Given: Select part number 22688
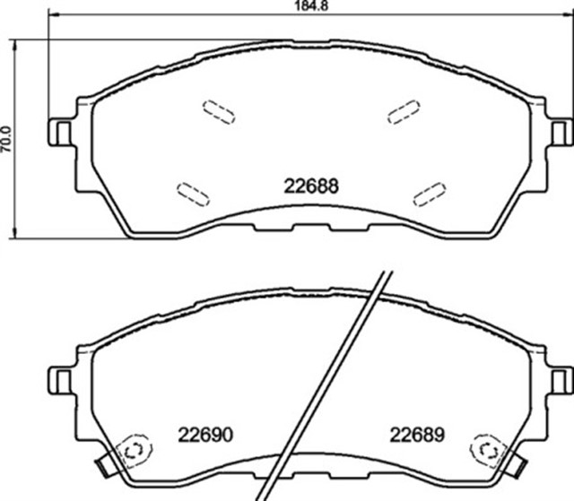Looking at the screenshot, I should [x=310, y=187].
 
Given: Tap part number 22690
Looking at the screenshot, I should [x=205, y=435].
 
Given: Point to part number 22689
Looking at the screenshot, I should [x=417, y=435].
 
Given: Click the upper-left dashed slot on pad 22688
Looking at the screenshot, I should [x=218, y=110].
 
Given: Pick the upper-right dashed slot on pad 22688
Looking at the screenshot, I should [x=404, y=109].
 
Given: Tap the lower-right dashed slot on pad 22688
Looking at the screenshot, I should [x=429, y=193].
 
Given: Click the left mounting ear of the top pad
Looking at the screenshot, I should [x=61, y=133].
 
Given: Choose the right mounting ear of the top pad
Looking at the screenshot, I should [x=560, y=133].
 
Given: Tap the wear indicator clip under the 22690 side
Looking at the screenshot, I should [x=104, y=465].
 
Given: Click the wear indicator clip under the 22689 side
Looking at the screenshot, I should [x=517, y=465].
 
